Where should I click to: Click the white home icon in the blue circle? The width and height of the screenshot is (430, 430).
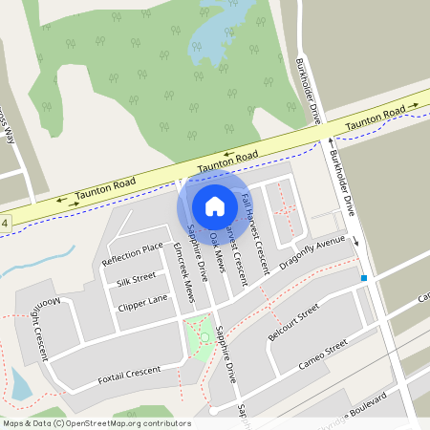pos(215,206)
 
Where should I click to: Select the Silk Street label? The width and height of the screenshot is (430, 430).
pos(136,280)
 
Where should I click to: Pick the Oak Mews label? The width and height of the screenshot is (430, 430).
pos(215,250)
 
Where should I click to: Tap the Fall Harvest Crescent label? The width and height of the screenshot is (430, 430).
pos(247,235)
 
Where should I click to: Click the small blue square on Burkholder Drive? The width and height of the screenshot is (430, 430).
pos(363,278)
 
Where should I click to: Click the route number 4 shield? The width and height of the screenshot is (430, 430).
pos(5,224)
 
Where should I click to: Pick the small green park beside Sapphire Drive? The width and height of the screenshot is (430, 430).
pos(201,334)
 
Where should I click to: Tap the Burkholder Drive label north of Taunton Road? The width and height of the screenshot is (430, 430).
pos(308,92)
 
